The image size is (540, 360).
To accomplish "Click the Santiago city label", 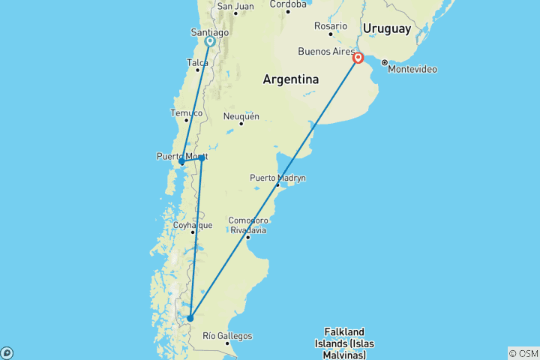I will click(210, 33).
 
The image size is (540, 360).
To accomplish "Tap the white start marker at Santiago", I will click(210, 42).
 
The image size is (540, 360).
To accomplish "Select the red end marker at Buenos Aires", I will click(358, 58).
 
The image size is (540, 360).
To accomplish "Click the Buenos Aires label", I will click(326, 52).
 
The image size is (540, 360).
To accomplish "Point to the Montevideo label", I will click(412, 69).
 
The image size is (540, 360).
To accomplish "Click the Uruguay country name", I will click(387, 29).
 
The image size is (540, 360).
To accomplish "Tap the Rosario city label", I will click(331, 25).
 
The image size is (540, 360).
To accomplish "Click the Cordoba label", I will click(288, 4).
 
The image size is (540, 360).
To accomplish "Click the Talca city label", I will click(197, 63).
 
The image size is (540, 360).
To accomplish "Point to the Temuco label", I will click(187, 113).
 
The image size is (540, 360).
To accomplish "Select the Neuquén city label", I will click(241, 116).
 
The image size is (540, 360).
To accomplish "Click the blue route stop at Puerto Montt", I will click(182, 161).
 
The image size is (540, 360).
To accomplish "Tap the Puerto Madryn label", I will click(277, 178).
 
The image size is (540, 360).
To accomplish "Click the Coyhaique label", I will click(193, 224).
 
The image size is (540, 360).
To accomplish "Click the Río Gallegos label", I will click(227, 336).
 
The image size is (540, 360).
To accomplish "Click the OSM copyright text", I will click(523, 353).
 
